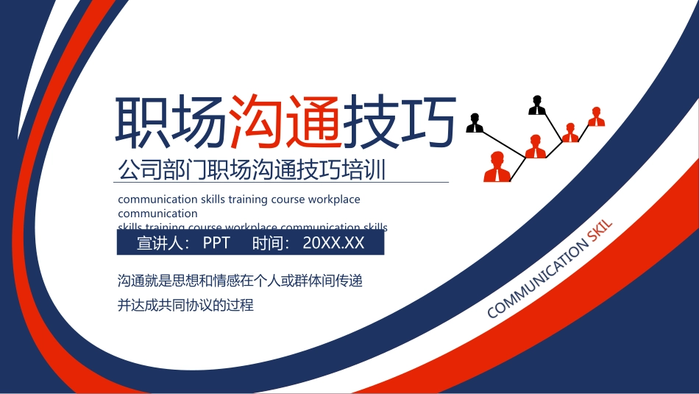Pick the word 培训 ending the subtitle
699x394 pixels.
coord(368,169)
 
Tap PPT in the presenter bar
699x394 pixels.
coord(216,243)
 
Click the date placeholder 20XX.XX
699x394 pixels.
coord(333,243)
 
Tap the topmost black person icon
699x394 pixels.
coord(537,106)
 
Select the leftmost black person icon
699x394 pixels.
coord(475,123)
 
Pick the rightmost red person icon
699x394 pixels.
coord(596,117)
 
